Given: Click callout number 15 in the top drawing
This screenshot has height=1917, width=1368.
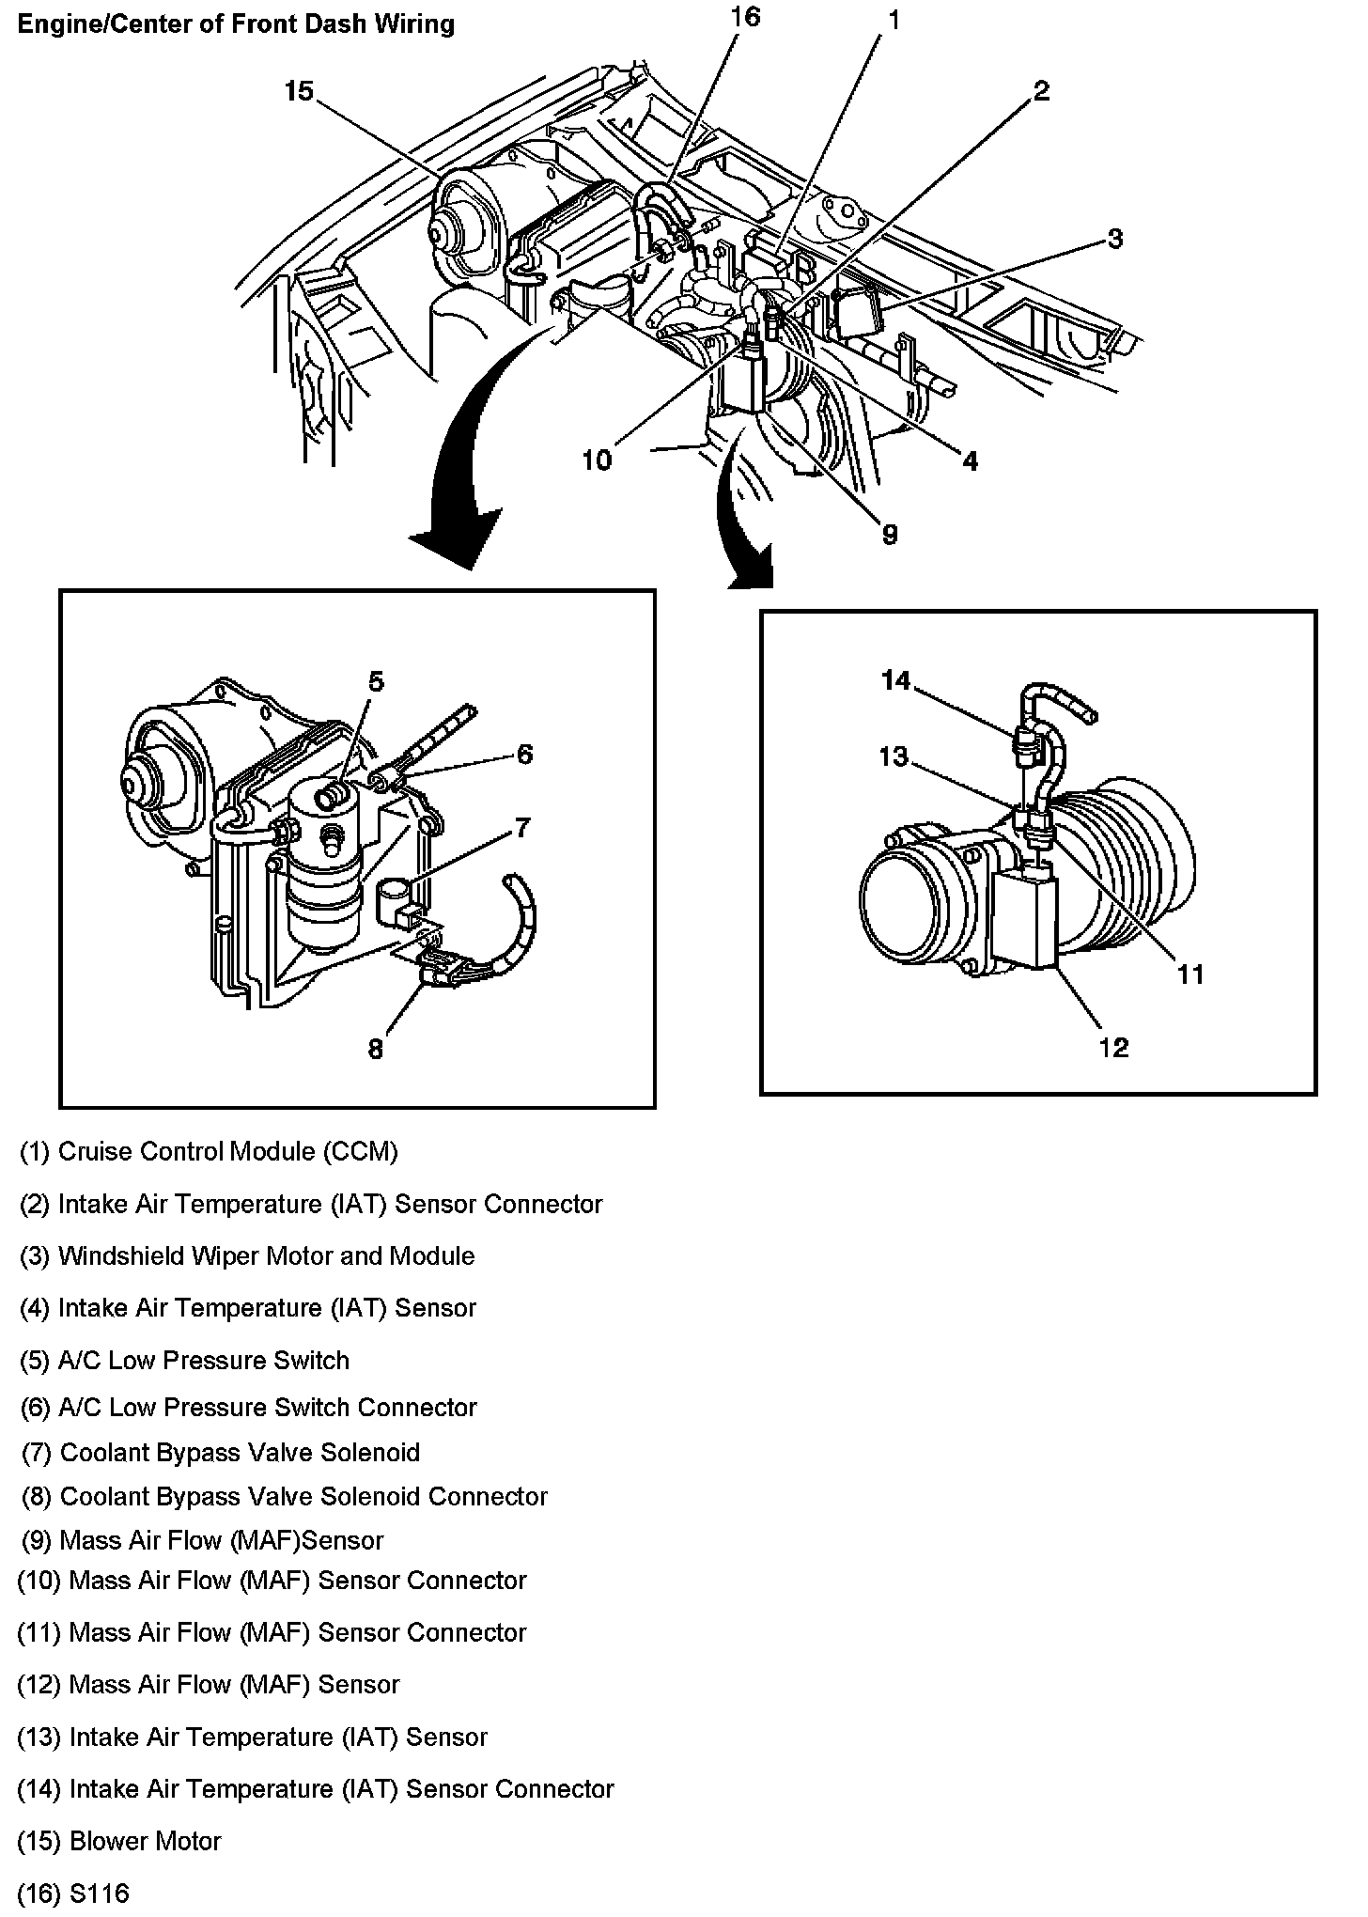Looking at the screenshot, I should point(299,92).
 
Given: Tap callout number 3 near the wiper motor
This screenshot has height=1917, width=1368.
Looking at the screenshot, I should point(1114,239).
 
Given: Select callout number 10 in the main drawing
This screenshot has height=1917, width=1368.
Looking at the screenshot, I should point(597,460).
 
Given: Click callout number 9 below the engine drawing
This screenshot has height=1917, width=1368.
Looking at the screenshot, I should point(889,534).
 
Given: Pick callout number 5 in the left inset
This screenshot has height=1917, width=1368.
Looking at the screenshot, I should point(376,681).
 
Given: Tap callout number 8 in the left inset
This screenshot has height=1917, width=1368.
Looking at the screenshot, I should point(376,1049).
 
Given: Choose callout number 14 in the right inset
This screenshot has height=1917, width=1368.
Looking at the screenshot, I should point(895,679).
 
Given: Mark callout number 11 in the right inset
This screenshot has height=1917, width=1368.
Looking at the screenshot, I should point(1190,974).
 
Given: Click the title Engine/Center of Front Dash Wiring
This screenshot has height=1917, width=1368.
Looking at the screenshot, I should point(236,24).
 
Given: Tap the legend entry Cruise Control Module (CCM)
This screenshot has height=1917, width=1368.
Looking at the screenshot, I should point(210,1152).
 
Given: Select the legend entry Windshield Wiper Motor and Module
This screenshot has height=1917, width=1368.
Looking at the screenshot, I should point(248,1256).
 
